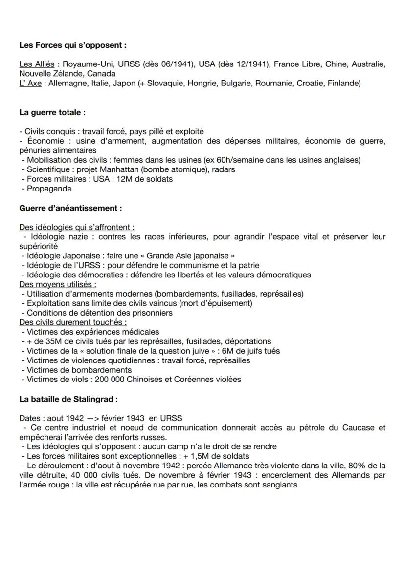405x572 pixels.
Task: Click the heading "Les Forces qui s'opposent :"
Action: click(x=73, y=45)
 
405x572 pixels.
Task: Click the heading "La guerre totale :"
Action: click(x=52, y=112)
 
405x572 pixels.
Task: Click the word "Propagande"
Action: click(x=49, y=189)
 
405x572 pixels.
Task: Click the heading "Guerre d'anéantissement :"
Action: click(x=70, y=208)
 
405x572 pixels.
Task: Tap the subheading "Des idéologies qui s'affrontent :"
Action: click(x=77, y=227)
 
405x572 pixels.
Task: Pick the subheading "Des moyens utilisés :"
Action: click(x=58, y=284)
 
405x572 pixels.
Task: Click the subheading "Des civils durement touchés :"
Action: click(x=73, y=322)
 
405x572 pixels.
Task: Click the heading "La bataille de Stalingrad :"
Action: click(x=68, y=399)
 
